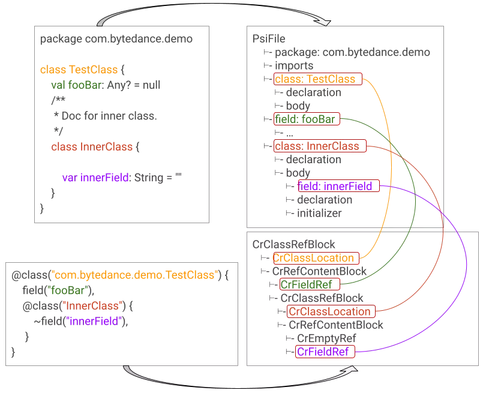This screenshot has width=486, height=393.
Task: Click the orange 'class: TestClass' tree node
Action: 317,79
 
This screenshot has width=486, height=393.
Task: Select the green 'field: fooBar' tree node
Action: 307,119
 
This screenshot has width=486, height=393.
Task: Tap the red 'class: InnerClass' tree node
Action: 320,146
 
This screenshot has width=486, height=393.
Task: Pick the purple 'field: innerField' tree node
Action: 338,186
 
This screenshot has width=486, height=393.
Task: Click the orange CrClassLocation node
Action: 316,258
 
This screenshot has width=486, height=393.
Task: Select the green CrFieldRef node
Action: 310,284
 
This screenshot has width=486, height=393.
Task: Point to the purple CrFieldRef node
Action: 325,352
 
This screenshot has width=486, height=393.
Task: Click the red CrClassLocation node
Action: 331,311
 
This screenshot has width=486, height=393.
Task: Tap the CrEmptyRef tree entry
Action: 326,338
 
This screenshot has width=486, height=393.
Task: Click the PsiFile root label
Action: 269,39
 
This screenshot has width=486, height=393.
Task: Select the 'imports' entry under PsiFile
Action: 294,66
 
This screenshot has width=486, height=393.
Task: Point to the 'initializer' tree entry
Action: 319,213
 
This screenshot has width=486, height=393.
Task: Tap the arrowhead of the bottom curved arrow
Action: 352,369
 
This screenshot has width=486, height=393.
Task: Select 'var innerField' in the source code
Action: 95,178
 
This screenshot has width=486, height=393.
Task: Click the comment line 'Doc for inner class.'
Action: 106,116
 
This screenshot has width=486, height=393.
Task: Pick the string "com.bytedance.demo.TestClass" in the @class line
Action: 134,275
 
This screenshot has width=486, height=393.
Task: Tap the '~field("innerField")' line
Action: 81,322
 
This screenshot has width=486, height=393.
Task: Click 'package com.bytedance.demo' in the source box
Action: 116,39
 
